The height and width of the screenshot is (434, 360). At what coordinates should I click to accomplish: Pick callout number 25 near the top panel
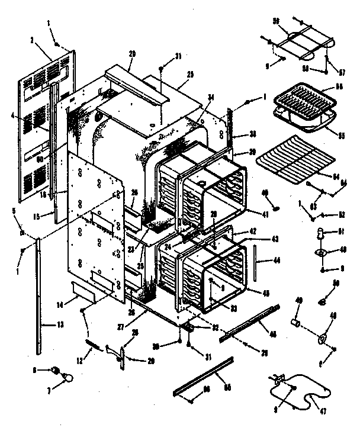pyautogui.click(x=190, y=75)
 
